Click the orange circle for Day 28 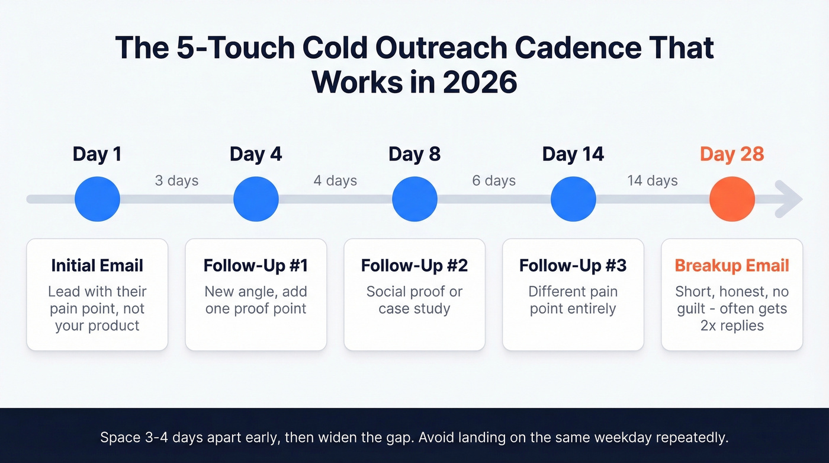pyautogui.click(x=732, y=199)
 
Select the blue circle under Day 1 pyautogui.click(x=97, y=199)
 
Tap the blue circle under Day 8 pyautogui.click(x=415, y=199)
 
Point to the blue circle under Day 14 pyautogui.click(x=573, y=199)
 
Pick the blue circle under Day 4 pyautogui.click(x=256, y=199)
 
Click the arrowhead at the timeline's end pyautogui.click(x=791, y=199)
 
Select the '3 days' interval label pyautogui.click(x=176, y=180)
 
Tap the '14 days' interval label pyautogui.click(x=653, y=180)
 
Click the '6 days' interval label pyautogui.click(x=494, y=180)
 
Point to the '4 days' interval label pyautogui.click(x=335, y=180)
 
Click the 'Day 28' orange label pyautogui.click(x=732, y=155)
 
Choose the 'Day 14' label pyautogui.click(x=573, y=155)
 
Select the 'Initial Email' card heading pyautogui.click(x=97, y=266)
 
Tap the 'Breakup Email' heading pyautogui.click(x=732, y=266)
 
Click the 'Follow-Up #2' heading pyautogui.click(x=415, y=266)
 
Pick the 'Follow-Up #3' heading pyautogui.click(x=573, y=266)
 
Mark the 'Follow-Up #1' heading pyautogui.click(x=256, y=266)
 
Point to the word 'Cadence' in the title pyautogui.click(x=559, y=47)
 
